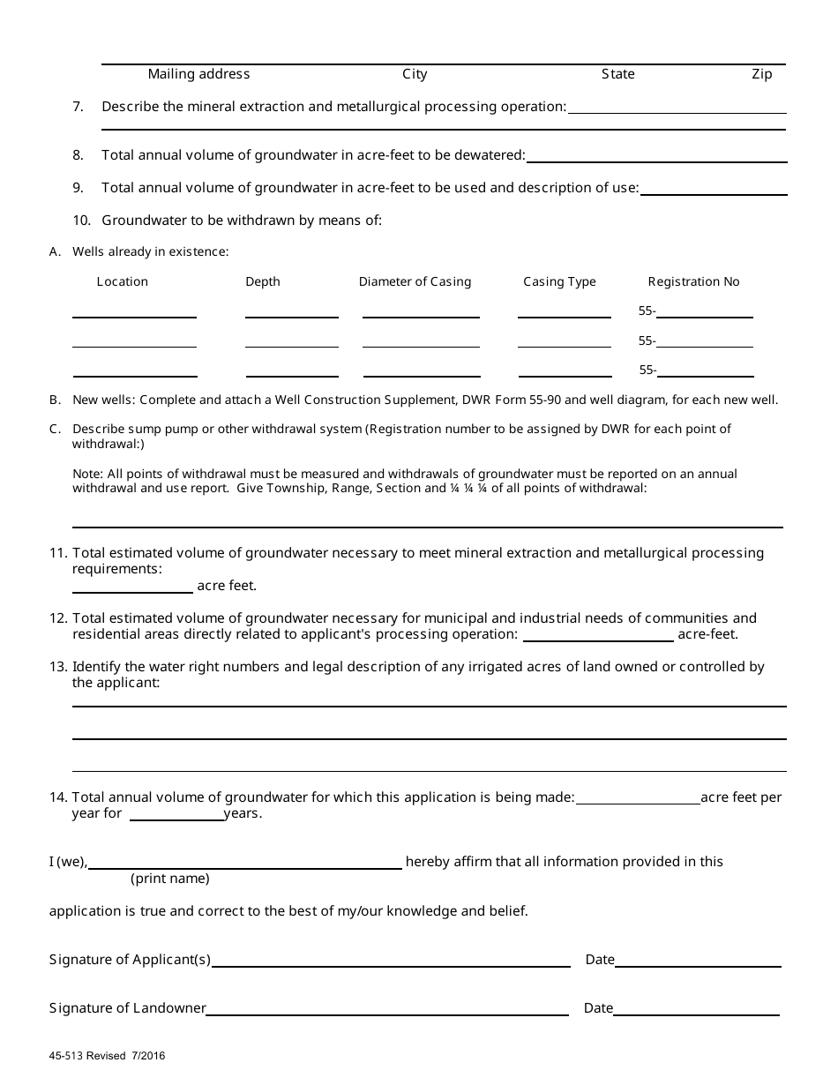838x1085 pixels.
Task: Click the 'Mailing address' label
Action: [x=198, y=74]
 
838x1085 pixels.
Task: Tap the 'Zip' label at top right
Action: [x=761, y=74]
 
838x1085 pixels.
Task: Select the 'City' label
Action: [x=415, y=74]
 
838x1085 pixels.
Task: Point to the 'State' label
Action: [x=617, y=74]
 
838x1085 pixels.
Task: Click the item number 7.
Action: [x=79, y=107]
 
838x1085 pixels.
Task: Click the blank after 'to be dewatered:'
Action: [x=656, y=157]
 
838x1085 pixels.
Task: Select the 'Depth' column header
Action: [x=263, y=281]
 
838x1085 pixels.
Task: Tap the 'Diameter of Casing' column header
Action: [x=415, y=281]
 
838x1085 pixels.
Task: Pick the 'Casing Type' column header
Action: [x=559, y=281]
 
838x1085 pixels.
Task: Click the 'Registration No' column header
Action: [x=693, y=281]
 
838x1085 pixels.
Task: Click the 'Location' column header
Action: [x=123, y=281]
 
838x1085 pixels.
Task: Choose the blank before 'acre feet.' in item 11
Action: [x=132, y=587]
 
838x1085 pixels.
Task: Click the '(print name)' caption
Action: [x=170, y=879]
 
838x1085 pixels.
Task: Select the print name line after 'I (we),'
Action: [x=245, y=864]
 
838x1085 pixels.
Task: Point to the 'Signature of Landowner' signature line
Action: [x=387, y=1009]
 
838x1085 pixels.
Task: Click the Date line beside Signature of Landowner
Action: [x=696, y=1009]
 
